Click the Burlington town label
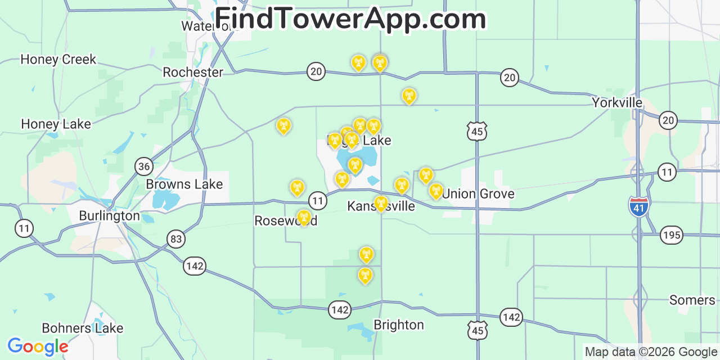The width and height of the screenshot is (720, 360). click(x=109, y=215)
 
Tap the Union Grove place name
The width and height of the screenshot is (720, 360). click(x=478, y=194)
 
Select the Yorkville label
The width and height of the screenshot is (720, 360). click(x=617, y=102)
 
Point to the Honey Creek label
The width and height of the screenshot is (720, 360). click(x=58, y=59)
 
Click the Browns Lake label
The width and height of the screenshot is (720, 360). click(x=184, y=184)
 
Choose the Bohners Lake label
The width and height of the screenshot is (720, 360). click(x=82, y=328)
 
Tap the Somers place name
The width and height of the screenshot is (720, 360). click(x=692, y=300)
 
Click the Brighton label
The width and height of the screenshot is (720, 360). click(x=399, y=325)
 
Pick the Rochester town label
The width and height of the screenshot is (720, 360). click(x=193, y=72)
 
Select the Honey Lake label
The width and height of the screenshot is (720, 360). click(x=56, y=124)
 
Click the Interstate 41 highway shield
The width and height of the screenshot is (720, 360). click(x=639, y=206)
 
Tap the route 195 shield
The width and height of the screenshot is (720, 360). click(x=672, y=235)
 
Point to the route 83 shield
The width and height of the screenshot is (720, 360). click(x=176, y=239)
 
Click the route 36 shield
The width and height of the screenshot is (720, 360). click(x=144, y=166)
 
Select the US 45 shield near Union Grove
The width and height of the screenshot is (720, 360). click(x=477, y=132)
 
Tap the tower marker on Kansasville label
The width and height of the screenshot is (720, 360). click(x=381, y=203)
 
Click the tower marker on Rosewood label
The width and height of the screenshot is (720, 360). click(x=304, y=218)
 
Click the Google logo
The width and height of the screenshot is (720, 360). click(x=37, y=346)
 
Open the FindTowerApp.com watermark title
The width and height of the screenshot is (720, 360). click(x=350, y=19)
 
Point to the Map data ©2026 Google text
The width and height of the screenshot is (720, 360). click(x=651, y=352)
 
